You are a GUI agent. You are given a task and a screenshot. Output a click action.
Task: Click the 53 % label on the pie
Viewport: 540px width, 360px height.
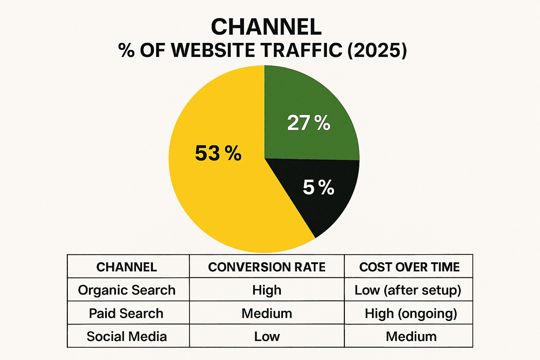218,153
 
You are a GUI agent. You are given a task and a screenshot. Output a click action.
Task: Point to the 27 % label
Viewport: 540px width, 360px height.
309,123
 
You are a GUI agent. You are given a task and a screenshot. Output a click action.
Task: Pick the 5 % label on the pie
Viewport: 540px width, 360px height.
319,187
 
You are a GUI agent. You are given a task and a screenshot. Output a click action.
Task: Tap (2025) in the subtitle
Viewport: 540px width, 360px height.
377,50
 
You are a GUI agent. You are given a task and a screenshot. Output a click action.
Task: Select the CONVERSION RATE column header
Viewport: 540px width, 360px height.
267,267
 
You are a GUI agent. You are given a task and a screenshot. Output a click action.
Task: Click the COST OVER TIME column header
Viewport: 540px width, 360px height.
409,267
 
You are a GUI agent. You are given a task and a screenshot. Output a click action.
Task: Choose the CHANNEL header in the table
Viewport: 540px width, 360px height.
127,267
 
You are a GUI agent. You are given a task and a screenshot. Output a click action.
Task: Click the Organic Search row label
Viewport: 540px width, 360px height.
127,290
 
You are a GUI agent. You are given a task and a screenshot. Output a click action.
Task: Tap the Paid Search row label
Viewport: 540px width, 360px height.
126,314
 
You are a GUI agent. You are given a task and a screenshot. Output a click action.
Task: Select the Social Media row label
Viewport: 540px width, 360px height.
127,336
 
